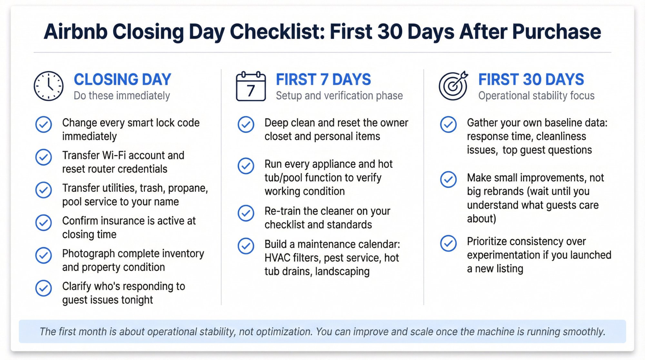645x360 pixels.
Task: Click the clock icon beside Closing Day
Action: (x=48, y=86)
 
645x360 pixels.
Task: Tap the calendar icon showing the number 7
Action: (x=251, y=86)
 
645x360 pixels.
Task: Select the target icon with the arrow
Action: (x=453, y=86)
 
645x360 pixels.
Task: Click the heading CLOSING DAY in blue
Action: (x=122, y=79)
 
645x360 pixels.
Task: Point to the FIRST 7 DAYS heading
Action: (x=323, y=79)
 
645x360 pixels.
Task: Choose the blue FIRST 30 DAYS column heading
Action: (x=531, y=79)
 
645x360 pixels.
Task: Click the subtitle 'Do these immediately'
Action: (x=122, y=96)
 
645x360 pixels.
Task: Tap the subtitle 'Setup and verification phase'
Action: (x=339, y=96)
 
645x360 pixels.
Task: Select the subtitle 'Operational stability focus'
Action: (x=536, y=96)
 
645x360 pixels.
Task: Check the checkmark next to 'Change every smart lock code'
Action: (x=44, y=125)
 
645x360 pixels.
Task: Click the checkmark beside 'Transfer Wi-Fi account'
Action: (x=44, y=157)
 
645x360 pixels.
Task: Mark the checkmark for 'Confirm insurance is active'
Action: (x=44, y=223)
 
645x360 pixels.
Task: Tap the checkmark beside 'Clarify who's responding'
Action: (x=44, y=288)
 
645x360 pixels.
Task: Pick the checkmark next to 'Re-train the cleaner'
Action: (x=246, y=213)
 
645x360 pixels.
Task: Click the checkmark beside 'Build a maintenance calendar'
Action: (x=246, y=246)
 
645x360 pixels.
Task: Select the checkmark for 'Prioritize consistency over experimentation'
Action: (x=448, y=243)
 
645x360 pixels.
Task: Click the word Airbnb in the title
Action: (x=75, y=32)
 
